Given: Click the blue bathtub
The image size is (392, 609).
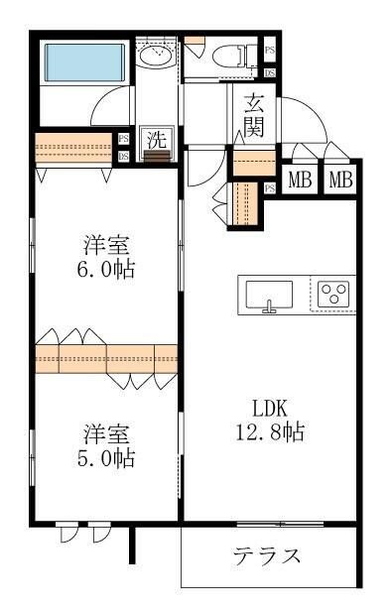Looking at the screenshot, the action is tap(84, 62).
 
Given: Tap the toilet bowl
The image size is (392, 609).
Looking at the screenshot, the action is tap(228, 56).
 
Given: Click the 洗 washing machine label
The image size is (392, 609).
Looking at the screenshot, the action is tap(157, 139).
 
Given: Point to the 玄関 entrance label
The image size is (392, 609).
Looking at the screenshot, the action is tap(254, 116).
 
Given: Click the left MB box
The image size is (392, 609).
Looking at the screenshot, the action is tap(301, 180).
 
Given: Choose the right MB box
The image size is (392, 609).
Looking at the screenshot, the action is tap(340, 180).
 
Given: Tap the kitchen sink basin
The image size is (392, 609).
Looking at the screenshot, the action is tap(269, 294).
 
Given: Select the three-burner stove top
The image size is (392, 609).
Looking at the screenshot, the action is tap(333, 294).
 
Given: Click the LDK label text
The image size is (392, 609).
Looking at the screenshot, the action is tap(270, 409).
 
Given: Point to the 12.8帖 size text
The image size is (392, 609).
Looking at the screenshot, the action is tap(270, 431).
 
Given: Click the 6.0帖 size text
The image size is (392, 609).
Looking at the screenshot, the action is tap(105, 269).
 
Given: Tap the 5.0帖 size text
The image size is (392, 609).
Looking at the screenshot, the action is tap(105, 458).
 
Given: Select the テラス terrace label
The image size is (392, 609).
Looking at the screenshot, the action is tap(267, 555).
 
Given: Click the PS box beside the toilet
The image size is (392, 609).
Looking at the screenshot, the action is tap(270, 50).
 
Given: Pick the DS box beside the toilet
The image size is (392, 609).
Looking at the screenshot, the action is tap(270, 73).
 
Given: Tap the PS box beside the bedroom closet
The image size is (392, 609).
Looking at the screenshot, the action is tap(123, 138).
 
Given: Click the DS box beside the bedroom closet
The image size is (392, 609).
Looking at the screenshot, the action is tap(123, 157).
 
